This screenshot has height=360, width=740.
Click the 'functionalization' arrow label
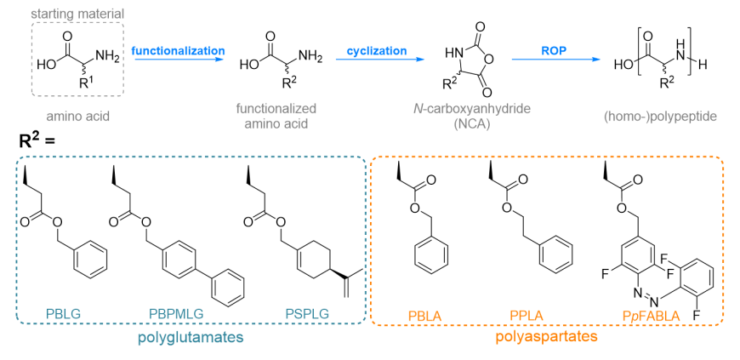(x=178, y=50)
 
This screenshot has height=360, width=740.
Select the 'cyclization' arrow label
(x=377, y=50)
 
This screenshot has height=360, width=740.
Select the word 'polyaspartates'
(x=546, y=338)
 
